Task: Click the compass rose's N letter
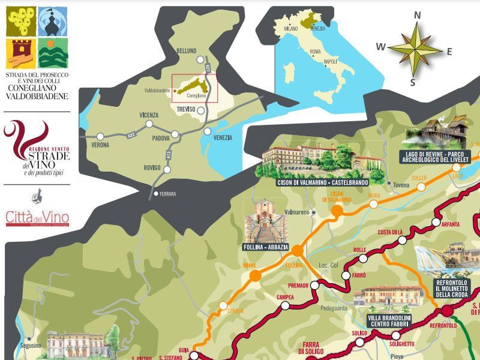point(418,16)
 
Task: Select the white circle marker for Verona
point(100,137)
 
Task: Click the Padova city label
point(161,137)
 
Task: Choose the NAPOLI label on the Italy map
point(330,62)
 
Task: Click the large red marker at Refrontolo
point(447,310)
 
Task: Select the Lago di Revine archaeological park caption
point(438,156)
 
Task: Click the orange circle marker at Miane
point(254,275)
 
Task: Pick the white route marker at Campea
point(286,305)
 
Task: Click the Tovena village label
point(401,185)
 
